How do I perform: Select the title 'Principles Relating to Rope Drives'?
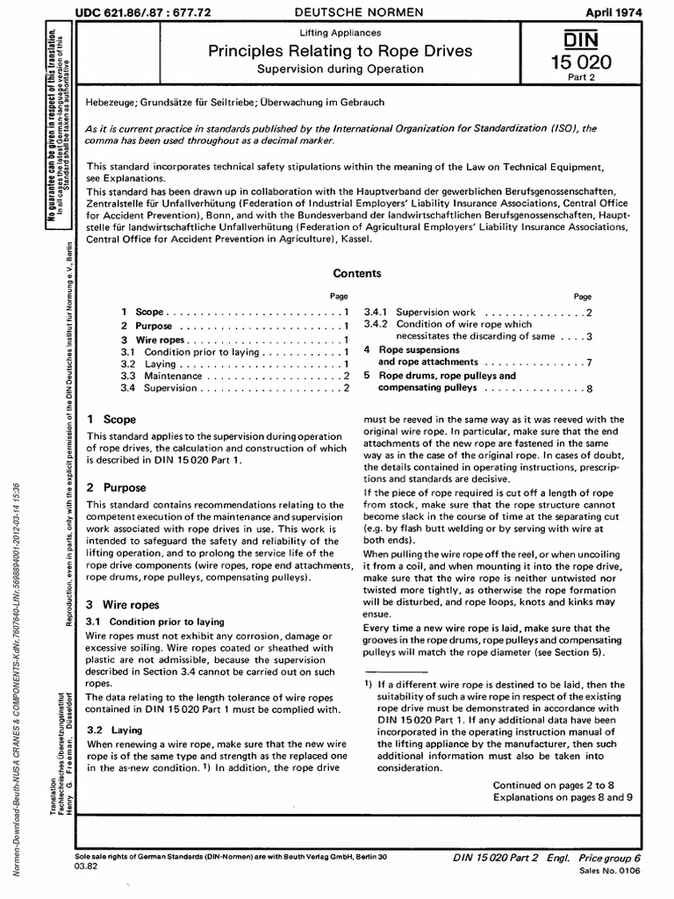point(340,52)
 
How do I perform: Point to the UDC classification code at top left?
point(147,12)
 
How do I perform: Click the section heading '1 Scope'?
point(111,421)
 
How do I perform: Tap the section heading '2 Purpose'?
point(116,487)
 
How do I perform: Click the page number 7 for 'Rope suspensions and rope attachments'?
point(589,362)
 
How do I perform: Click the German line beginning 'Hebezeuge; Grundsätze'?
point(234,103)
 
